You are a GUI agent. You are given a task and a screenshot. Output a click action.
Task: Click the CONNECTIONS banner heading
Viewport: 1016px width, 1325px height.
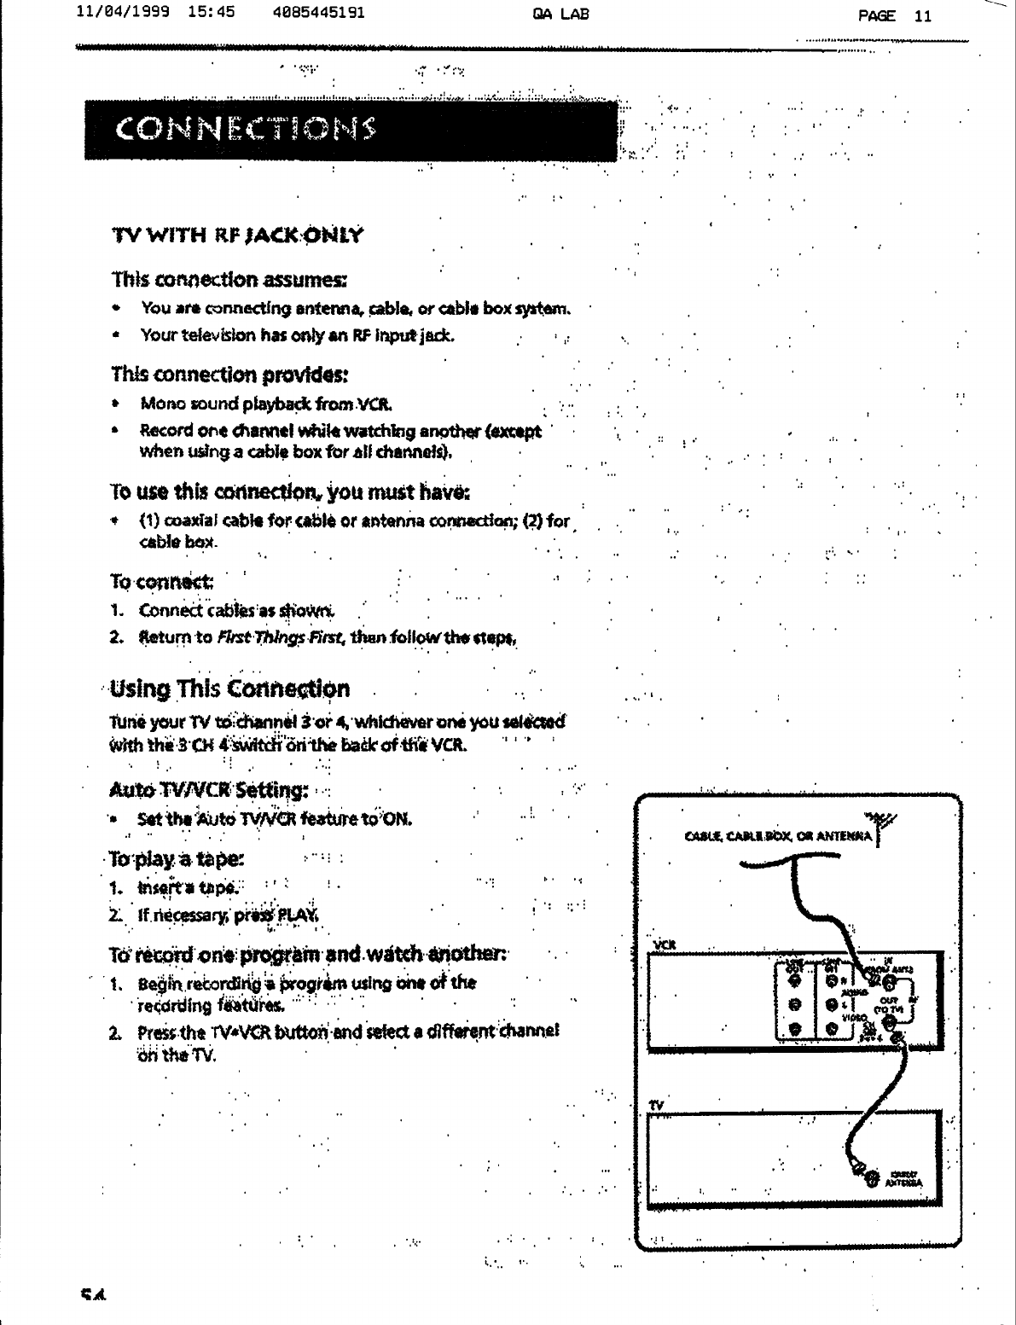tap(247, 130)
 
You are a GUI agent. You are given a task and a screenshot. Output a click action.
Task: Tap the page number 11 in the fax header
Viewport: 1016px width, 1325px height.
tap(922, 15)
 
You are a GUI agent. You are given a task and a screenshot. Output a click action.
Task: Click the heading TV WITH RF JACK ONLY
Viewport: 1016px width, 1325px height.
tap(238, 235)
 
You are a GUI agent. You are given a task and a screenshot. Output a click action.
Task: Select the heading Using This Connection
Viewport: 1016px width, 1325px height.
tap(229, 689)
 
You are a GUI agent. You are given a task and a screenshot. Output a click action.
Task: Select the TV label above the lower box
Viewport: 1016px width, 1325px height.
tap(656, 1105)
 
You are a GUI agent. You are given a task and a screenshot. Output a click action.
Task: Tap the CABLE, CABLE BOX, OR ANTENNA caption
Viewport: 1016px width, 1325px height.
tap(778, 835)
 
